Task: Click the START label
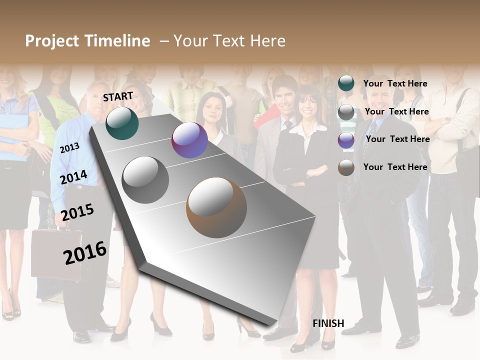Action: tap(118, 96)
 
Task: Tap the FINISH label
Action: tap(328, 323)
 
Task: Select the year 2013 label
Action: tap(69, 147)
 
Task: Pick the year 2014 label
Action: tap(73, 177)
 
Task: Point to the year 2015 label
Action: tap(77, 212)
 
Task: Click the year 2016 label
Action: tap(85, 252)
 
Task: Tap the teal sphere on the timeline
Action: tap(122, 123)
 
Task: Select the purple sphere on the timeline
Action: tap(189, 140)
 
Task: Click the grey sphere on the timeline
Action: tap(145, 180)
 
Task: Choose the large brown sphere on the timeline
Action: tap(216, 207)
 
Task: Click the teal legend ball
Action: tap(346, 83)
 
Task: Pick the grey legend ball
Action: tap(346, 112)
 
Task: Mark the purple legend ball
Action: tap(346, 140)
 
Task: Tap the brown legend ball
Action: tap(346, 167)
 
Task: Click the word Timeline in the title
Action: tap(117, 41)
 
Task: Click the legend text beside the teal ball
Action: tap(395, 83)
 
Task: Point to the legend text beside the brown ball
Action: tap(395, 167)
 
